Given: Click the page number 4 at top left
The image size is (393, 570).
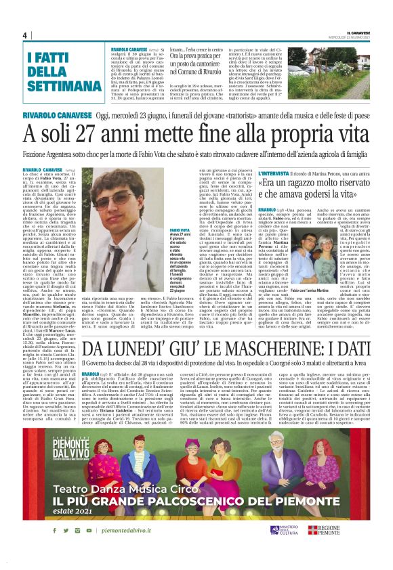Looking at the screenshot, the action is click(24, 35).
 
